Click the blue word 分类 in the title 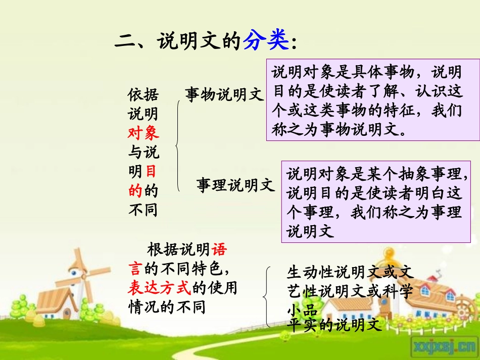tap(266, 41)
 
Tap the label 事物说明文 tap(224, 94)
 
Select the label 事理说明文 tap(235, 185)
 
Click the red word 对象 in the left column tap(143, 132)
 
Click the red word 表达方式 tap(159, 287)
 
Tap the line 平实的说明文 tap(333, 325)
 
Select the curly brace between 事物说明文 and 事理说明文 tap(178, 146)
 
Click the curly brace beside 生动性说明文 tap(267, 297)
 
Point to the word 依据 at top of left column tap(143, 94)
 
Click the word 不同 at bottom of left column tap(143, 209)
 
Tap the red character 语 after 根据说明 tap(219, 249)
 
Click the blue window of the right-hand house tap(425, 290)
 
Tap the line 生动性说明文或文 tap(350, 273)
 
